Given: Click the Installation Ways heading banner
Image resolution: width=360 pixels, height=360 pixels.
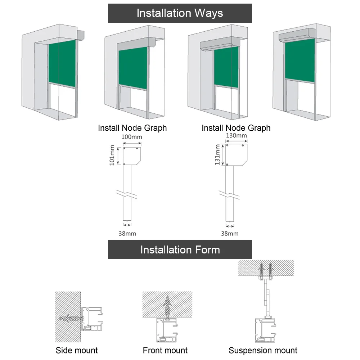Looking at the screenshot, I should [180, 13].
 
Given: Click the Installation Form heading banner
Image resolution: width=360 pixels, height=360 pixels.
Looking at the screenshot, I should [180, 249].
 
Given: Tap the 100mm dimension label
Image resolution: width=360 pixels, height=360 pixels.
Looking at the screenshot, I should [131, 137].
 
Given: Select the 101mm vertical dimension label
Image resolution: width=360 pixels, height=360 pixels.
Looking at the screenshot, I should [112, 156].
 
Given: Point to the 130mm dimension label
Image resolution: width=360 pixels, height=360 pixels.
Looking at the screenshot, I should [236, 136].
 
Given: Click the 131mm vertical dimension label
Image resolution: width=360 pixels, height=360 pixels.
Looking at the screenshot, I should [217, 154].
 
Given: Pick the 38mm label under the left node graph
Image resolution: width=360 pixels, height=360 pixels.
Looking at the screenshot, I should [127, 233].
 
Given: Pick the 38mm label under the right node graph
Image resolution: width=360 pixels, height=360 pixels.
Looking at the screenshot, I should [230, 233].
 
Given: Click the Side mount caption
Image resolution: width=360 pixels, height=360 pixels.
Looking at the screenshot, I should [77, 350].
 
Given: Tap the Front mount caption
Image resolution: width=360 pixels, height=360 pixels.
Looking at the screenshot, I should [165, 350].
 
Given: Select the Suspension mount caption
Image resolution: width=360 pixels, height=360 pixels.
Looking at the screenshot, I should [263, 350].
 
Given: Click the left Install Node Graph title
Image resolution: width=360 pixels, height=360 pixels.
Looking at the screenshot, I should [132, 128].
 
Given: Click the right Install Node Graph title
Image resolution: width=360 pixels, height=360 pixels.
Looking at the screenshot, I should [236, 128].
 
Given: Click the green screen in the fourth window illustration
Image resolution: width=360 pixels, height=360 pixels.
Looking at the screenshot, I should [300, 60].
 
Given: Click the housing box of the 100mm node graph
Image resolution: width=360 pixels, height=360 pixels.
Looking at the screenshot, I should [131, 156].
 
